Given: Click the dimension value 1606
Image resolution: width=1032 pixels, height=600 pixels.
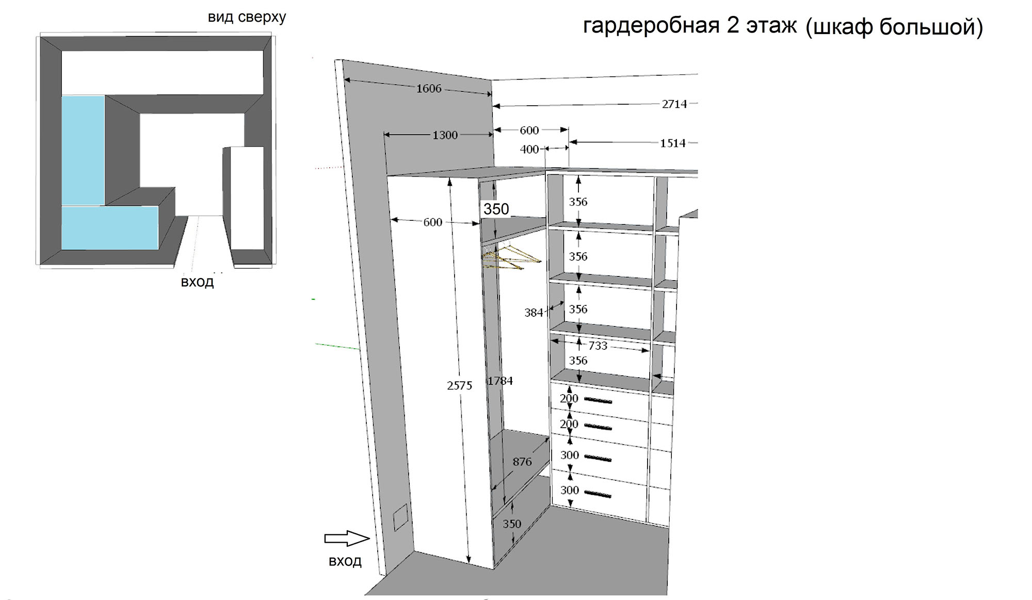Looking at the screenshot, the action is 429,89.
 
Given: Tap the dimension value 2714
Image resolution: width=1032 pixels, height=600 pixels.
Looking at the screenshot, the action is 674,104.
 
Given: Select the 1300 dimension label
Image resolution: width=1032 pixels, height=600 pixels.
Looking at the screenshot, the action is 445,135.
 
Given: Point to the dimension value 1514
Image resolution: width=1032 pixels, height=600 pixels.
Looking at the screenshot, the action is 673,143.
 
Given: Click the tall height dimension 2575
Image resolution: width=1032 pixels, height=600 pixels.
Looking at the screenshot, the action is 459,386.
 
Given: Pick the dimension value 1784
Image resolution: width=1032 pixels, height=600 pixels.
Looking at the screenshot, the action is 500,381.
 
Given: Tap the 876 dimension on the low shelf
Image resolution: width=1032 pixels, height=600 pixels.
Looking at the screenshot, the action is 522,462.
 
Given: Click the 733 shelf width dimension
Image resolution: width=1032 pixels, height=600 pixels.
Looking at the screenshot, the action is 598,346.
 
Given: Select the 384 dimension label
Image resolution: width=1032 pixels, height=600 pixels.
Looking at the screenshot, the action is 534,313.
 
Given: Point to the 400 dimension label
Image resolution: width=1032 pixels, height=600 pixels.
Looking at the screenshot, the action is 529,150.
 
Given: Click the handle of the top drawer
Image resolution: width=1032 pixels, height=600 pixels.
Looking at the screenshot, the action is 598,401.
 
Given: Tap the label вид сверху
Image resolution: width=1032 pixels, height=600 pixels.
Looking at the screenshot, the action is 247,18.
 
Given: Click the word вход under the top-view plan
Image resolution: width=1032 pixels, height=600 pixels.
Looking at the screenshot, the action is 197,282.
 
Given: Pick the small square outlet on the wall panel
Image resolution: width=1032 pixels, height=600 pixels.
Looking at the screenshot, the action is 400,518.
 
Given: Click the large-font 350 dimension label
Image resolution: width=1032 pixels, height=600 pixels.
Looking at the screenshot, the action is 496,209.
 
